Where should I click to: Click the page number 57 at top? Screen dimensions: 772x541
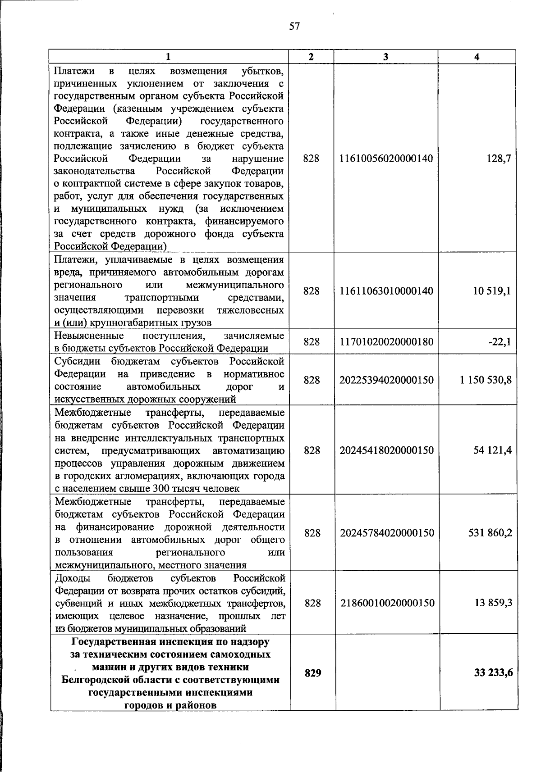click(x=294, y=27)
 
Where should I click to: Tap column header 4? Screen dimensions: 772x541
click(x=477, y=57)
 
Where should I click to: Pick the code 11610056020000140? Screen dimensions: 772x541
click(x=386, y=159)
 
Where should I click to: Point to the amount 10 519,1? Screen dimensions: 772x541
click(x=492, y=291)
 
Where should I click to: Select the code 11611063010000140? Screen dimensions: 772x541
click(x=386, y=291)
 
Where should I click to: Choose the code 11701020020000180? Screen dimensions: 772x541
click(x=386, y=342)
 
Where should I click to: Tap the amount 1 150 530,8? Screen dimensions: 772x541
click(x=486, y=380)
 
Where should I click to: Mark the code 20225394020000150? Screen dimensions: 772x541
click(x=386, y=380)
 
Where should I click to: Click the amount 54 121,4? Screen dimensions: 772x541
click(x=492, y=450)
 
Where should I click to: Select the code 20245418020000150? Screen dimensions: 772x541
click(x=386, y=450)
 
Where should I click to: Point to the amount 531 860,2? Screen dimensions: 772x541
click(x=491, y=533)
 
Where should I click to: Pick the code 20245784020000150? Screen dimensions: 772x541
click(x=387, y=533)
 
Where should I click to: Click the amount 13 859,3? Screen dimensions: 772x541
click(x=493, y=603)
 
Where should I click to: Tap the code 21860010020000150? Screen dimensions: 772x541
click(x=387, y=603)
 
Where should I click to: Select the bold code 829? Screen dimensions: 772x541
click(x=313, y=673)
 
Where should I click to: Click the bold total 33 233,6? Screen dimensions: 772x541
click(x=493, y=673)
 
